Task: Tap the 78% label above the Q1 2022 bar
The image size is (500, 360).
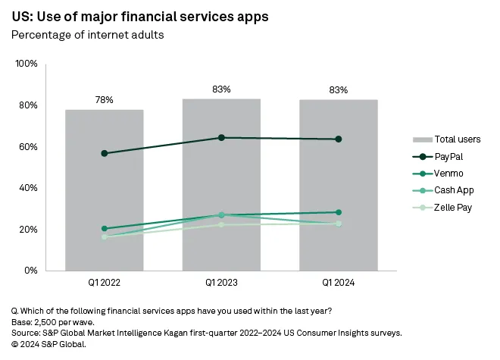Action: coord(104,99)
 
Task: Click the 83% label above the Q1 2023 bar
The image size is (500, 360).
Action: coord(221,89)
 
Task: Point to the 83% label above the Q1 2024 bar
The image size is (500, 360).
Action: coord(339,90)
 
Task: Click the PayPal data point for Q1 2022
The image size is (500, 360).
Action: coord(104,153)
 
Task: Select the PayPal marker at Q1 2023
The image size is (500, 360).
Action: coord(221,137)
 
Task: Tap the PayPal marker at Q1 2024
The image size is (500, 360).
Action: coord(339,139)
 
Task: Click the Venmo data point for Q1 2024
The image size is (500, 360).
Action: coord(339,212)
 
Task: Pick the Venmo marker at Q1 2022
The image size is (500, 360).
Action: coord(104,228)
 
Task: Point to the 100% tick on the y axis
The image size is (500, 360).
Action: coord(27,64)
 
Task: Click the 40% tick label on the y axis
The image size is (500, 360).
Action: coord(28,188)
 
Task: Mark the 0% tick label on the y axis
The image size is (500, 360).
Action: coord(31,271)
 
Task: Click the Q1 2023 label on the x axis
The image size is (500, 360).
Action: coord(221,283)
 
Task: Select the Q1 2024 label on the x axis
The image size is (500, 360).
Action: coord(339,283)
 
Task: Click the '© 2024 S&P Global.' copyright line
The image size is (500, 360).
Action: coord(49,343)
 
